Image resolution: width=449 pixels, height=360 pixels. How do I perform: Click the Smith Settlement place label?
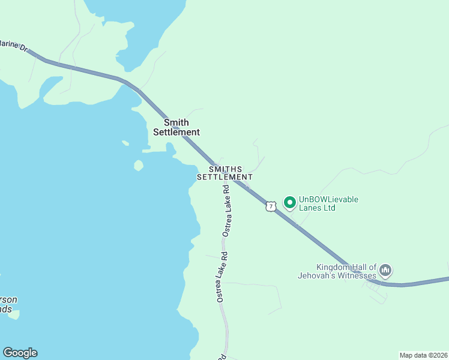pos(176,127)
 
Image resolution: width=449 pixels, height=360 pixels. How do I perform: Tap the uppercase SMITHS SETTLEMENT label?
pos(225,173)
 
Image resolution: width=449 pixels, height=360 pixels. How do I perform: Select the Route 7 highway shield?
pos(271,206)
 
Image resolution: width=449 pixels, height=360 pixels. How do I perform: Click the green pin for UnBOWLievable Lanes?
pos(289,203)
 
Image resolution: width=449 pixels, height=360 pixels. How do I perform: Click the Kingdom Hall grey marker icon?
pos(385,271)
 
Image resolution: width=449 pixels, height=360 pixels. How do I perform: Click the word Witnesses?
pos(358,276)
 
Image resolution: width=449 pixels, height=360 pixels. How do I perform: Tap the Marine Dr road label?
pos(13,45)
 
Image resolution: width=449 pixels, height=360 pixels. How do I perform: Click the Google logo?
pos(20,353)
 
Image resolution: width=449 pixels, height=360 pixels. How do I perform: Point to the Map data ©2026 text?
pos(423,355)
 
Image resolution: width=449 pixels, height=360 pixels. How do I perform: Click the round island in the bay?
pos(139,165)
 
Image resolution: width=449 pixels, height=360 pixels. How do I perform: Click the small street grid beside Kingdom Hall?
pos(375,290)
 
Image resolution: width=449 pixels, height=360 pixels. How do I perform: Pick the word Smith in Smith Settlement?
pos(176,122)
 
